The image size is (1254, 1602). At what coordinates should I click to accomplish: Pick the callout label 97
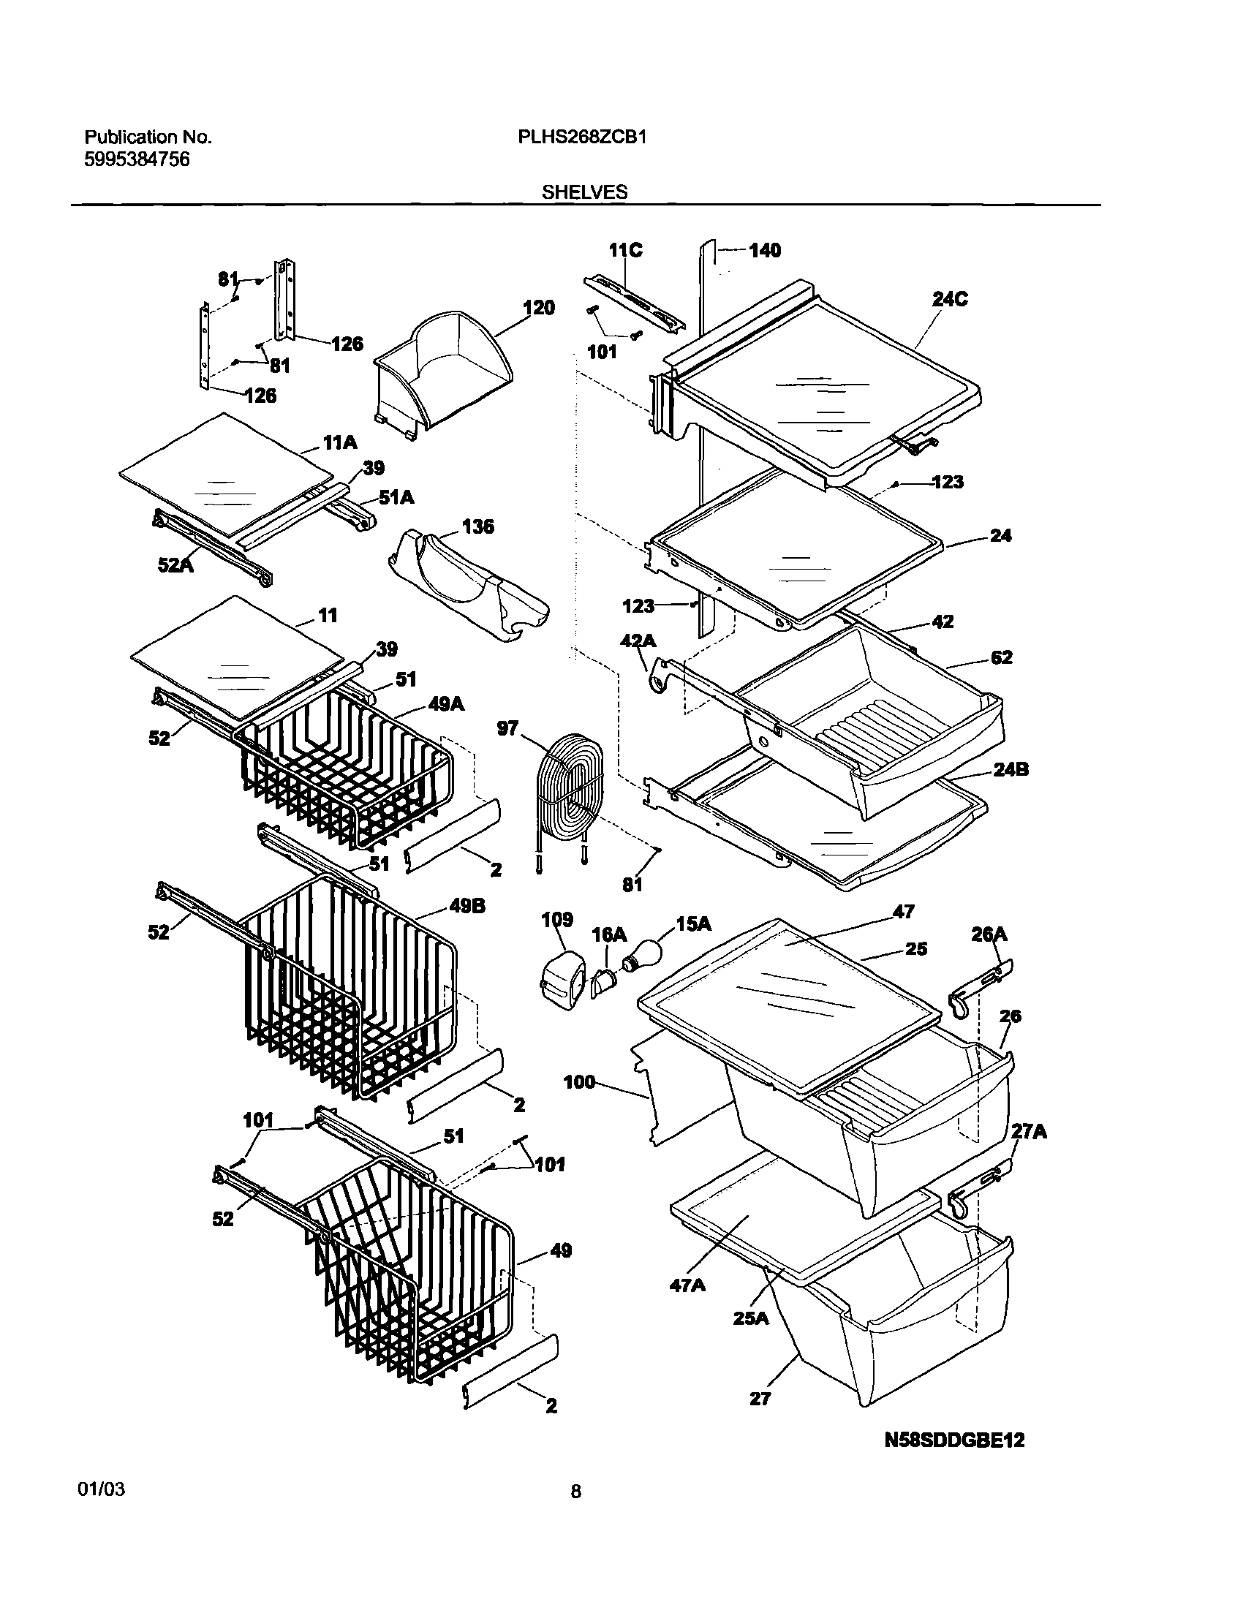pyautogui.click(x=507, y=728)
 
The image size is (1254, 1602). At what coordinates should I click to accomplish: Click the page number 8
pyautogui.click(x=575, y=1491)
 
